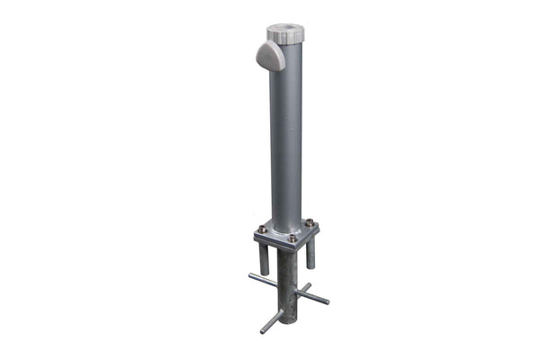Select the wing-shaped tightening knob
[x=270, y=57]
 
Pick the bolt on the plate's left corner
[x=261, y=229]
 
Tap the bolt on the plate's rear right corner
[x=310, y=222]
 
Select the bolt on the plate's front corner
[x=292, y=239]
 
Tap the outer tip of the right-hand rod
[x=327, y=301]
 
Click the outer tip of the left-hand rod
[x=251, y=275]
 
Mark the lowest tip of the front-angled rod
[x=263, y=331]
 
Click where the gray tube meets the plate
[x=287, y=229]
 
